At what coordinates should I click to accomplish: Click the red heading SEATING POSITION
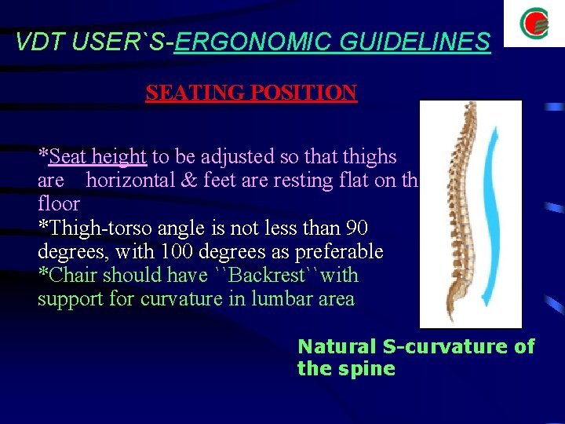(x=251, y=93)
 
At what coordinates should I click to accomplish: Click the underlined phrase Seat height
(x=97, y=156)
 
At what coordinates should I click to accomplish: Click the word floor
(x=59, y=203)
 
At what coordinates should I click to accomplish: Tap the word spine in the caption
(x=369, y=368)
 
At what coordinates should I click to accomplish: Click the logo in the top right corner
(x=534, y=24)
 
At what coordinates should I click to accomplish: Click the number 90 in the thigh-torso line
(x=356, y=228)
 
